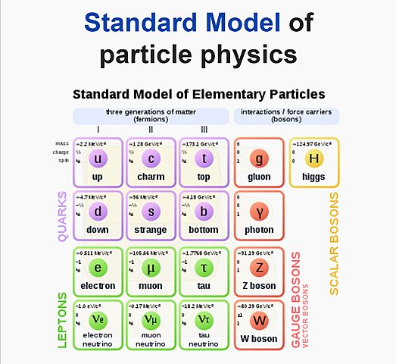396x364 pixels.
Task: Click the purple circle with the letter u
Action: [x=97, y=159]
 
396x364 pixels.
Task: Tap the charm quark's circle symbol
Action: [x=151, y=159]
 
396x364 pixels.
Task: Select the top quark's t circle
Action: [x=204, y=159]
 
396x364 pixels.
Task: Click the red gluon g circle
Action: [x=260, y=159]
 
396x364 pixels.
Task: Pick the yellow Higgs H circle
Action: [x=313, y=159]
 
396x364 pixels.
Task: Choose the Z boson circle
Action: [x=260, y=268]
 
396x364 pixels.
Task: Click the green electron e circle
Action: [x=97, y=268]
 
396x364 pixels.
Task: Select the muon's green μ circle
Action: [x=151, y=268]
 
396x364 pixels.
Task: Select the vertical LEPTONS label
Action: [x=63, y=320]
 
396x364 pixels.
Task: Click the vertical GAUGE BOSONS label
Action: [x=296, y=300]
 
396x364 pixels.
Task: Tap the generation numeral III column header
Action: [x=204, y=130]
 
